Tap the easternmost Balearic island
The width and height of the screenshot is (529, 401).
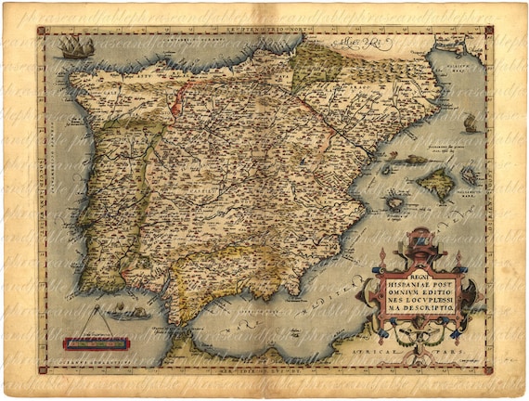click(x=470, y=174)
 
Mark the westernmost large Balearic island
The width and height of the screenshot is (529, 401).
click(x=394, y=200)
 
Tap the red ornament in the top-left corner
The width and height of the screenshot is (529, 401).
click(x=41, y=30)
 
